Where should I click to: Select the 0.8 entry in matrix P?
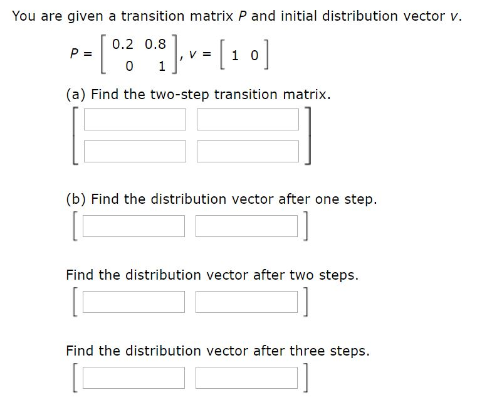point(155,45)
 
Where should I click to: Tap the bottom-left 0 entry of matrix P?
point(129,66)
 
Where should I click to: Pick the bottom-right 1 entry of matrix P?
point(162,66)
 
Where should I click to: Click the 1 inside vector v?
point(235,55)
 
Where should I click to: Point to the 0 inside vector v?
point(254,55)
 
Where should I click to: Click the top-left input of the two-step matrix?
point(135,119)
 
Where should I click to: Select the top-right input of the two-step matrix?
point(248,119)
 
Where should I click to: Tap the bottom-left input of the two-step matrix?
point(135,150)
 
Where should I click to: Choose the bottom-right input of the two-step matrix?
point(248,150)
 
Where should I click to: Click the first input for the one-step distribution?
point(134,226)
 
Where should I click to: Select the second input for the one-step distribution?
point(246,226)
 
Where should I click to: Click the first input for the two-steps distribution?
point(134,302)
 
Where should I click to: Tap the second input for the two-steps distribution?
point(246,302)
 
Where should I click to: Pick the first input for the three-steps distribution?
point(134,378)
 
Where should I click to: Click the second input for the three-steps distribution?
point(246,378)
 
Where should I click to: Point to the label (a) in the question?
point(76,95)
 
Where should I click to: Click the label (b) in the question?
point(77,199)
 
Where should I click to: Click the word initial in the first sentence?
point(297,16)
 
